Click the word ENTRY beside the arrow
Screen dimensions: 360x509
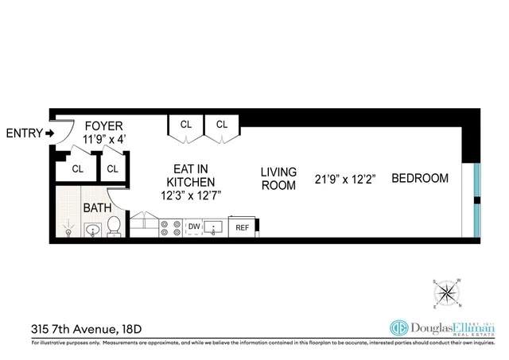point(23,133)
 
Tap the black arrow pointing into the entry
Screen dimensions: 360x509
point(49,133)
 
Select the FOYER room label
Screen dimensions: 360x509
point(103,126)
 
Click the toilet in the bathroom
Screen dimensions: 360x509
point(114,226)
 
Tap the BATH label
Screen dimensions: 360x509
point(97,209)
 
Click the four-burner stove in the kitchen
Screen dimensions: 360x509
point(170,228)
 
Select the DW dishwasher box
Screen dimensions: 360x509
point(193,227)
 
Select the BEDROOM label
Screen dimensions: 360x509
point(419,178)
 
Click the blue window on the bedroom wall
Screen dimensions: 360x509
point(476,199)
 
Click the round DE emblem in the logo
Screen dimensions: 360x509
point(399,327)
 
